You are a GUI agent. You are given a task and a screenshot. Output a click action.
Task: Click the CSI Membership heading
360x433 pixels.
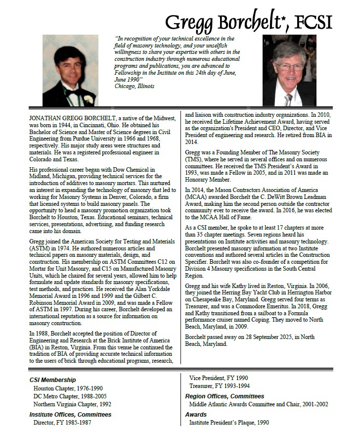point(52,380)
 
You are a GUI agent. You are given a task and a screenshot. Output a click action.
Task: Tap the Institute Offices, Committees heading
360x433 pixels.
point(70,414)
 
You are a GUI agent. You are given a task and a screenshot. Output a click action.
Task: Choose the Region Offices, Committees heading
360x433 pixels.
point(225,396)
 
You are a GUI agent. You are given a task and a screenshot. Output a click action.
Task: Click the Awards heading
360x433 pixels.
point(196,414)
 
